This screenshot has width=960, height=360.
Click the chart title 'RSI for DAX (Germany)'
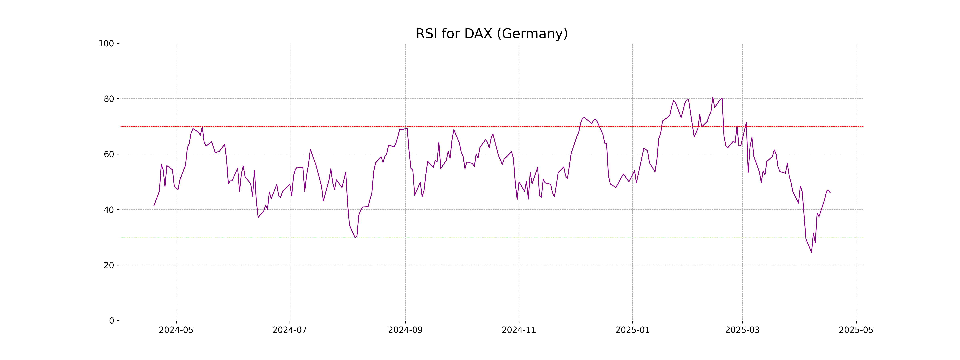tap(492, 34)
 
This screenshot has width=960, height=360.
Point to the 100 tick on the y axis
tap(106, 44)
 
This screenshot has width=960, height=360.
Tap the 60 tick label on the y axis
tap(109, 154)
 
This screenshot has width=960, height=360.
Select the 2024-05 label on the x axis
tap(176, 330)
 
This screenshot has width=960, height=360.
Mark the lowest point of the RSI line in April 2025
tap(811, 252)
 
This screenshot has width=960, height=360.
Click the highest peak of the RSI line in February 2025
tap(713, 97)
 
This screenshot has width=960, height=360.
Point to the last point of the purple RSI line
tap(830, 193)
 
